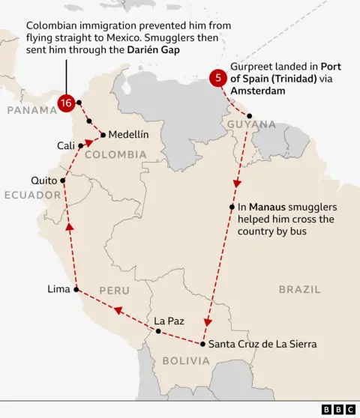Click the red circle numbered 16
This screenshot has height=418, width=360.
pos(66,103)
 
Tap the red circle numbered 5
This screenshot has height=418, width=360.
pos(218,77)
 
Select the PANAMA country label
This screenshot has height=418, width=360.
pos(32,110)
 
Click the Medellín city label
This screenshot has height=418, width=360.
pos(128,135)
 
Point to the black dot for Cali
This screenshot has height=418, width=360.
pos(80,145)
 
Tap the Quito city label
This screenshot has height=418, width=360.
pos(43,181)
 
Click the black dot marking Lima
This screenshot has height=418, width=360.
pos(76,289)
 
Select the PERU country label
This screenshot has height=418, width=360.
pos(113,290)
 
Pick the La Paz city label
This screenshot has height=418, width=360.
pos(169,321)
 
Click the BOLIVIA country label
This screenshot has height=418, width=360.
pos(183,360)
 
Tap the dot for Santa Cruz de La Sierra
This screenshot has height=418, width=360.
pos(203,345)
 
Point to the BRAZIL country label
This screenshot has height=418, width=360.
pos(299,289)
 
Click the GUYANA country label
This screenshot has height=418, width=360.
pos(252,124)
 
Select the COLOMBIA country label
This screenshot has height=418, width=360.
pos(115,154)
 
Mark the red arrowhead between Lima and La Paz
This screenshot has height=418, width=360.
pos(118,309)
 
